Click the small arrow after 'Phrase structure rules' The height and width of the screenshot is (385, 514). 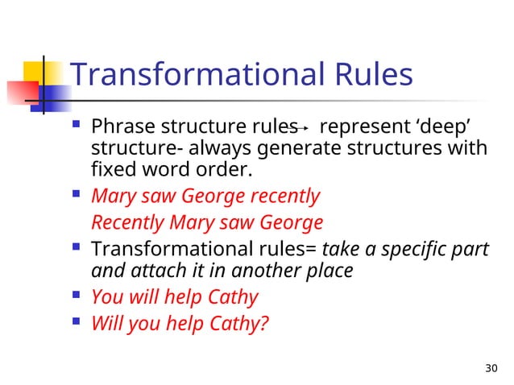coord(299,128)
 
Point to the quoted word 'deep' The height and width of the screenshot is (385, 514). coord(445,127)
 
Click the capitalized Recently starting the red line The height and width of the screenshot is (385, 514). coord(127,222)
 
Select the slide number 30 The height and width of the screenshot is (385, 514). coord(491,369)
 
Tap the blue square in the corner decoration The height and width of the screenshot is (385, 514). coord(52,97)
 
